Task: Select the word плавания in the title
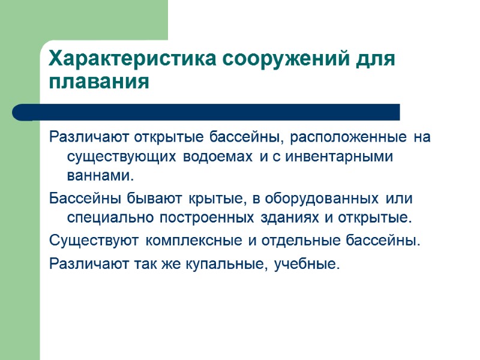click(98, 82)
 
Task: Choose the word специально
click(107, 217)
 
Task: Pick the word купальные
click(224, 265)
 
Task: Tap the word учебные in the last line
click(306, 265)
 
